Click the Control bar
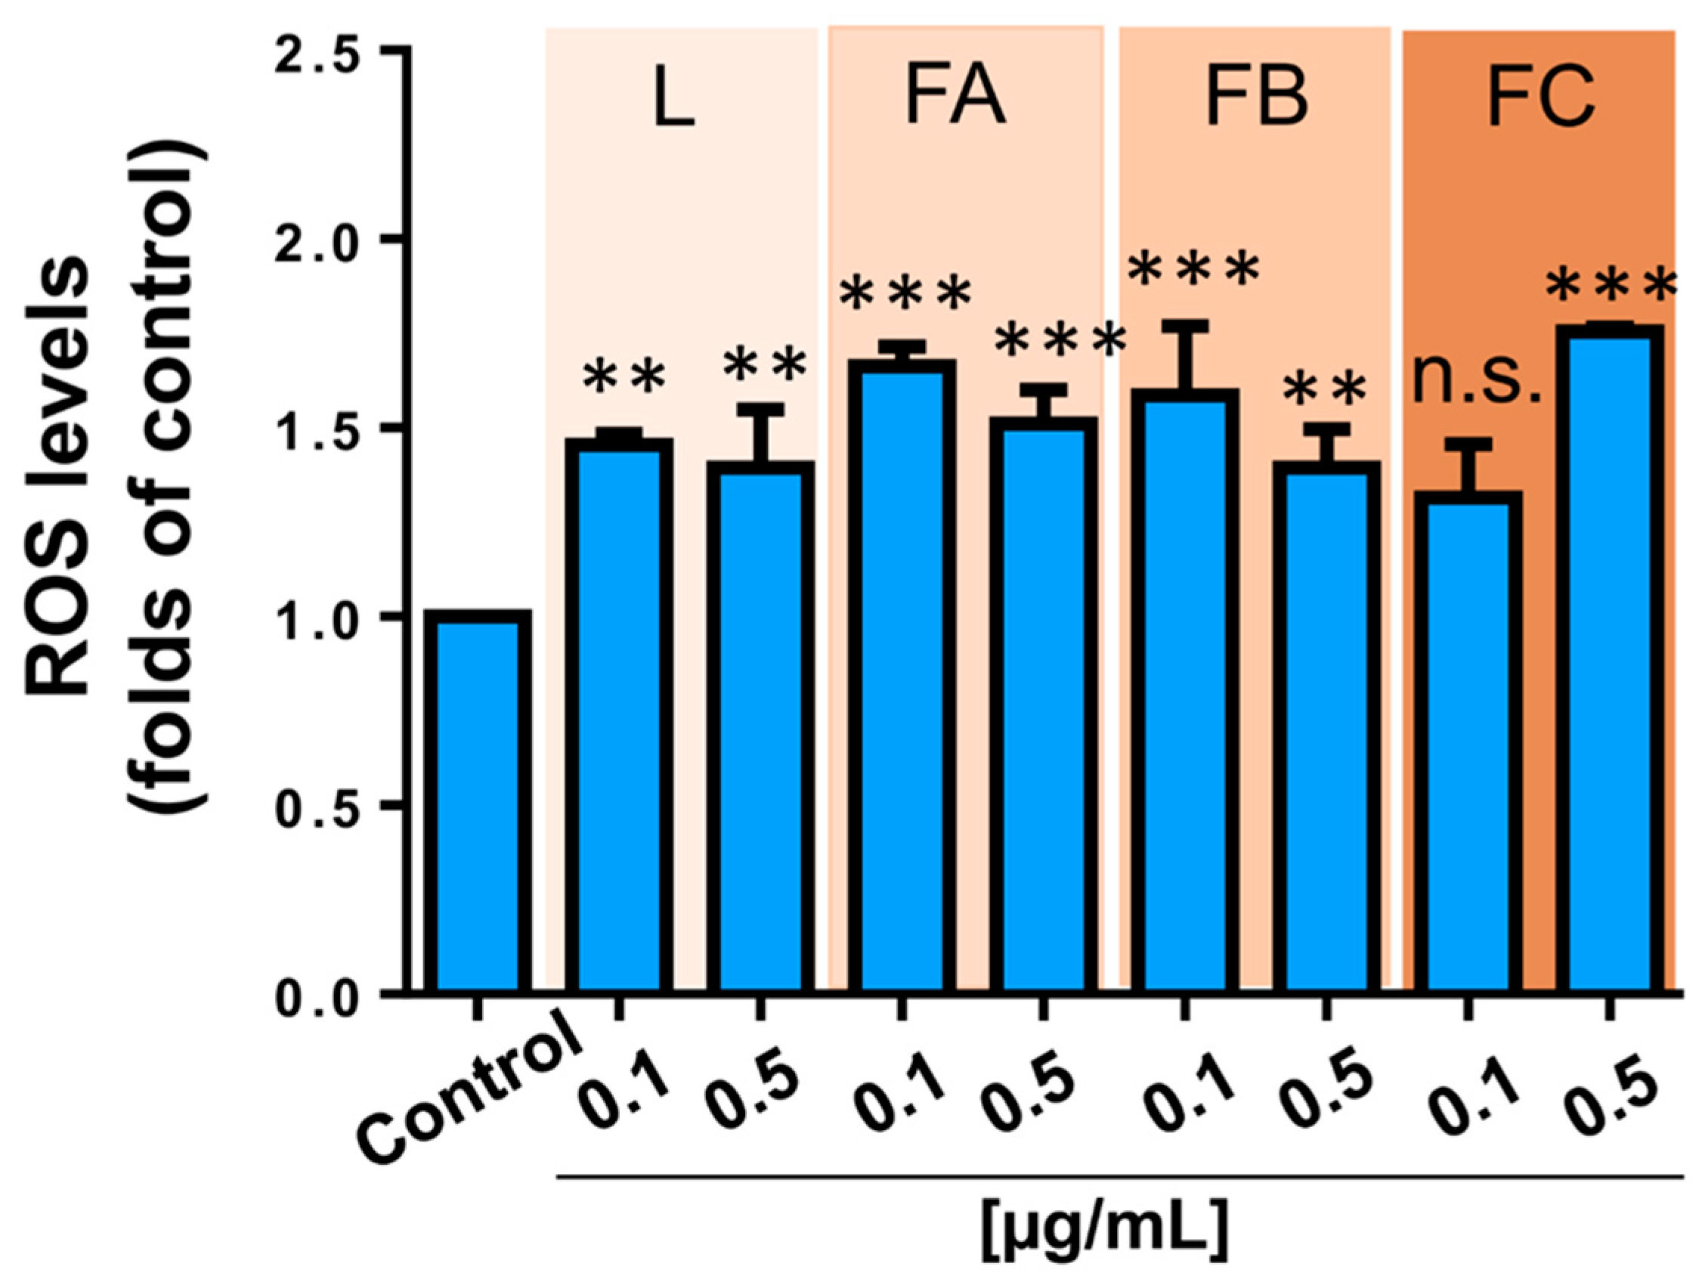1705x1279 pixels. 478,802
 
